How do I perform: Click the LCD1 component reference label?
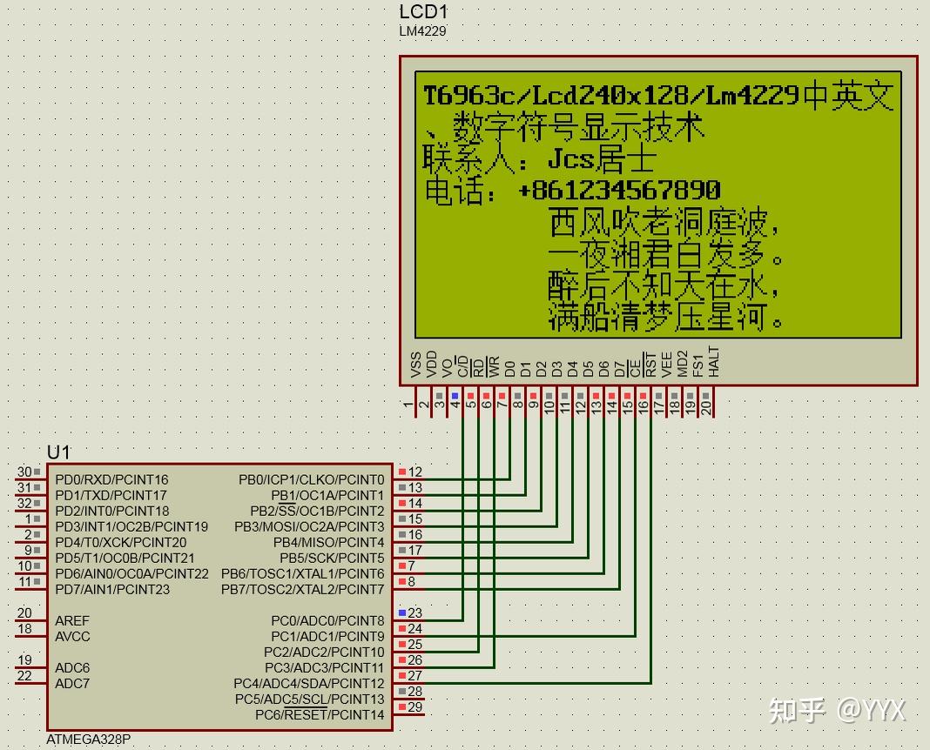423,12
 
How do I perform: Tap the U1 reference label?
58,452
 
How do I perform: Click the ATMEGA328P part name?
89,740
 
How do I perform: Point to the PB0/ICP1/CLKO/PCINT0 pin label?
311,479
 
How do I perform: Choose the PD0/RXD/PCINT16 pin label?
111,479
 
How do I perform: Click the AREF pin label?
72,620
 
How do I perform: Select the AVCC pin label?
72,636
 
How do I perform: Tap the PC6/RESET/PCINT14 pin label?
320,715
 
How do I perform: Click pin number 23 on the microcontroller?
415,613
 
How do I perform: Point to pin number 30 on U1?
24,472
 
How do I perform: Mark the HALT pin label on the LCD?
714,362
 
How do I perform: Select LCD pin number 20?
706,405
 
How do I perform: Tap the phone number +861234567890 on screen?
619,190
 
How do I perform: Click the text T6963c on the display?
467,95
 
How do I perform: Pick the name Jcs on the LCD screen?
570,159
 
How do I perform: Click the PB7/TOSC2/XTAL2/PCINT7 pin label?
302,589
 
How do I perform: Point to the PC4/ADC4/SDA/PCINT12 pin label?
308,684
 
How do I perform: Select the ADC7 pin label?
72,683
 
